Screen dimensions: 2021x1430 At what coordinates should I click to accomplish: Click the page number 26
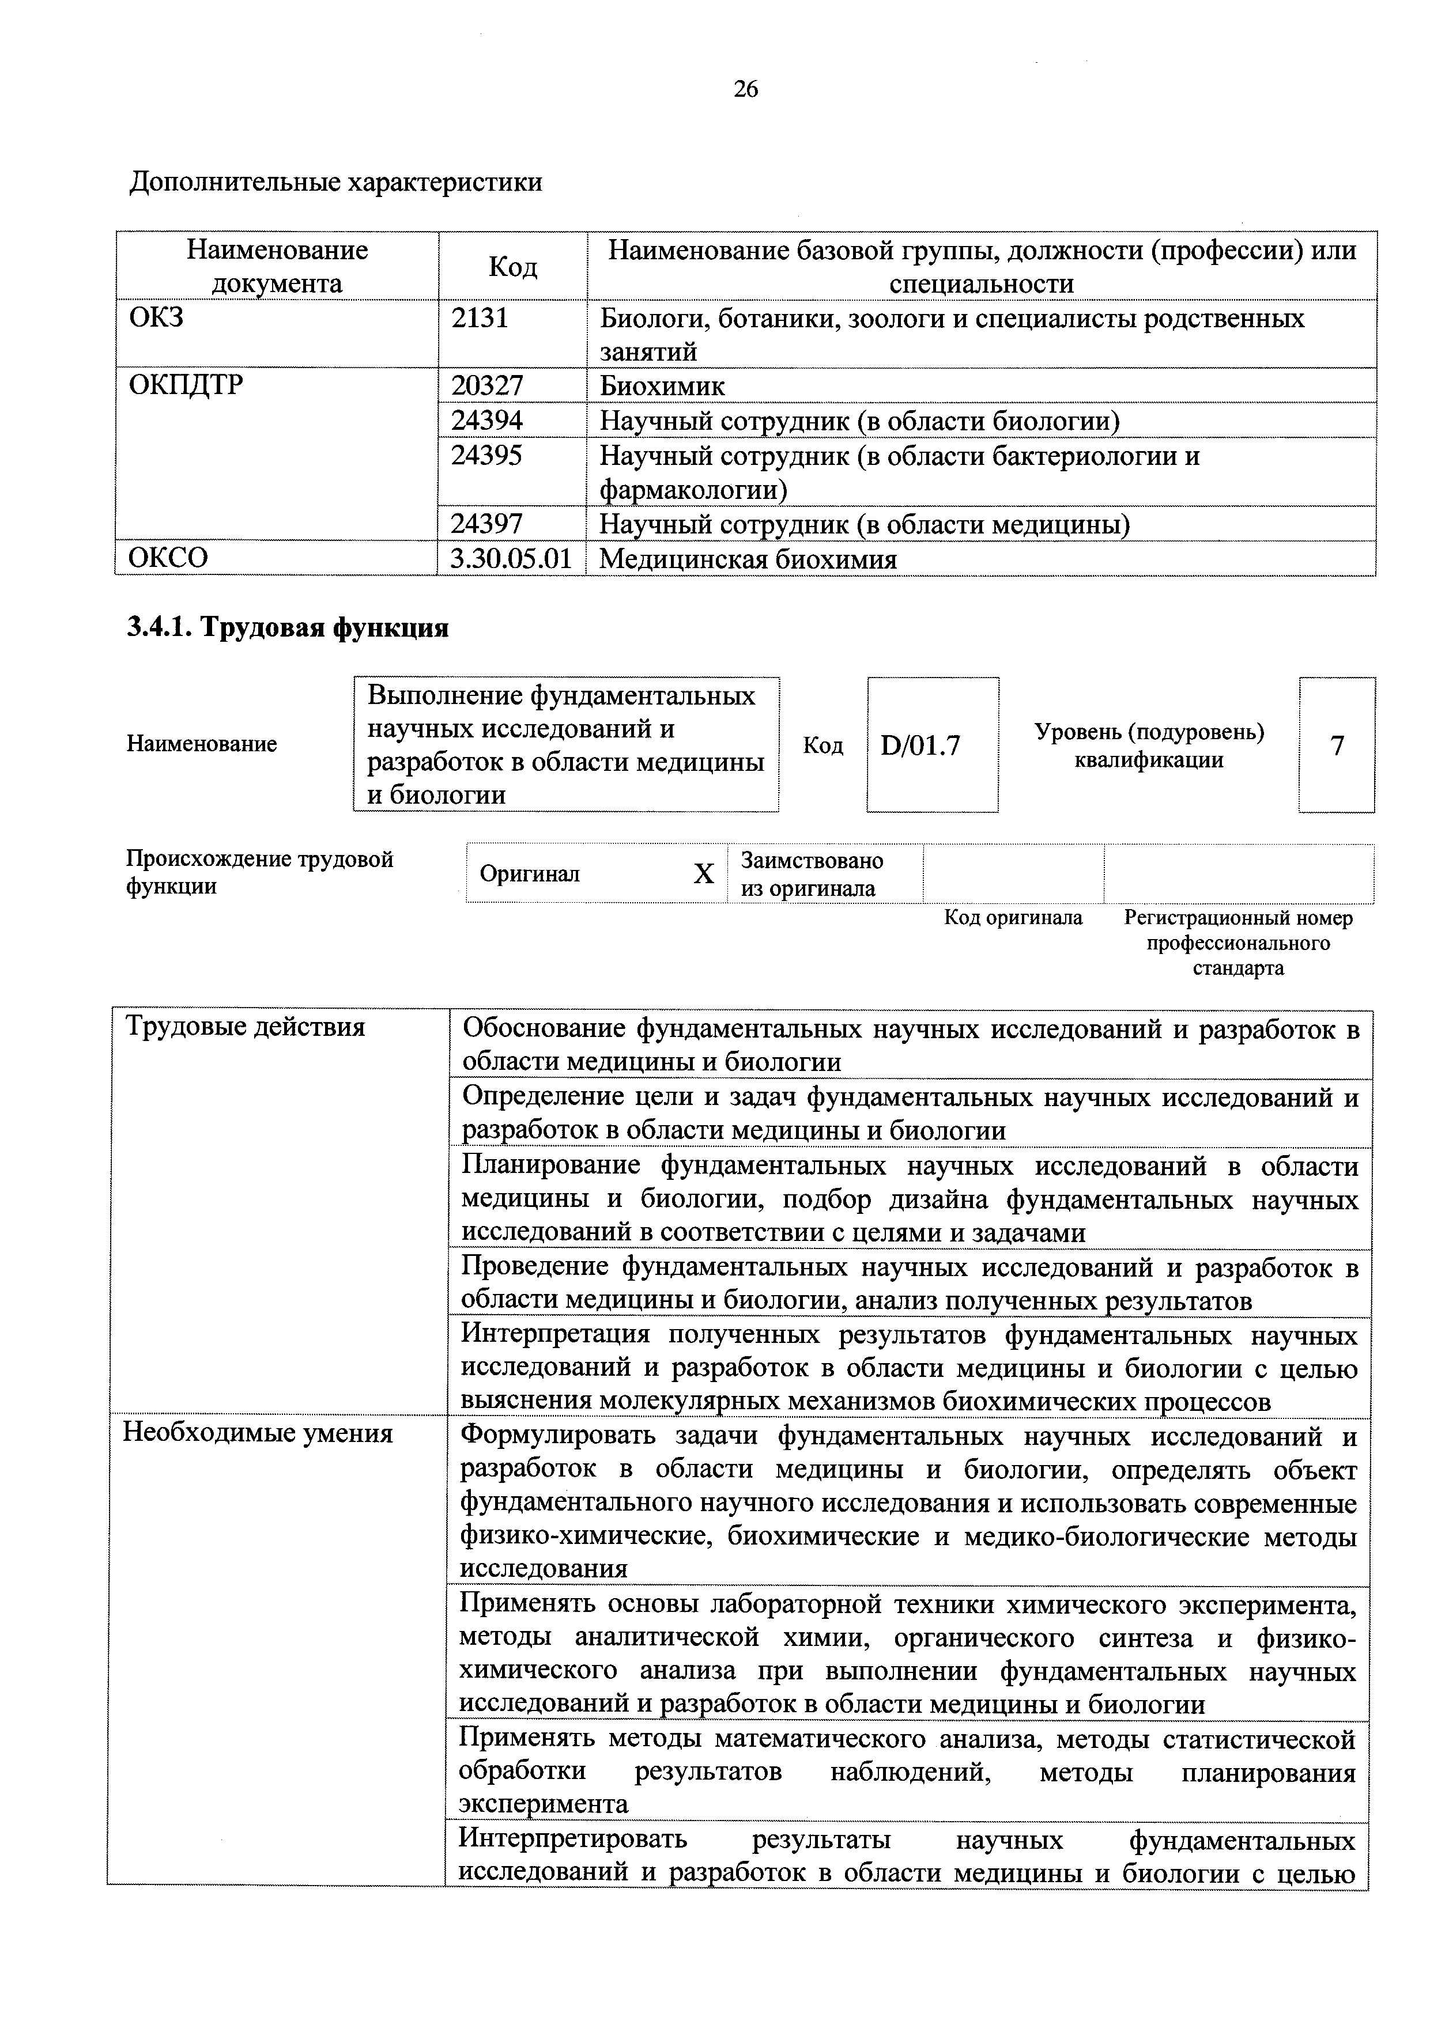(x=745, y=89)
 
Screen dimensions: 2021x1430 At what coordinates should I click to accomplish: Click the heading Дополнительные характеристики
(x=335, y=182)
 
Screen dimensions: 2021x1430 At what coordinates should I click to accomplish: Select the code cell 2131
(x=480, y=318)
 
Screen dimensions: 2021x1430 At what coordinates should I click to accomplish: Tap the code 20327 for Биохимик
(x=487, y=385)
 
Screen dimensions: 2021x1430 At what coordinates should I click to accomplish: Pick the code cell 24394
(x=487, y=420)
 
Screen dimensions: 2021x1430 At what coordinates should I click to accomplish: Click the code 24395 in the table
(x=487, y=455)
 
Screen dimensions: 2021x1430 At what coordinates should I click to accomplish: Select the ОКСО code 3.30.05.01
(x=511, y=559)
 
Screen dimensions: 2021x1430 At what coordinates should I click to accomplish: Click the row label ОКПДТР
(x=186, y=385)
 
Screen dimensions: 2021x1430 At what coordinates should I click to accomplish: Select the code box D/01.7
(x=920, y=745)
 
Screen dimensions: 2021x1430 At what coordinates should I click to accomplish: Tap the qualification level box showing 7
(x=1337, y=745)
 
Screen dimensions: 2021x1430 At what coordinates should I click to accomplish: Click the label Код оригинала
(x=1013, y=918)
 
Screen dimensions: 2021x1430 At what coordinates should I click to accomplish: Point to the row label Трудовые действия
(x=246, y=1027)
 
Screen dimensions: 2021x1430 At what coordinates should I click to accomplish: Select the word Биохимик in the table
(x=662, y=385)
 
